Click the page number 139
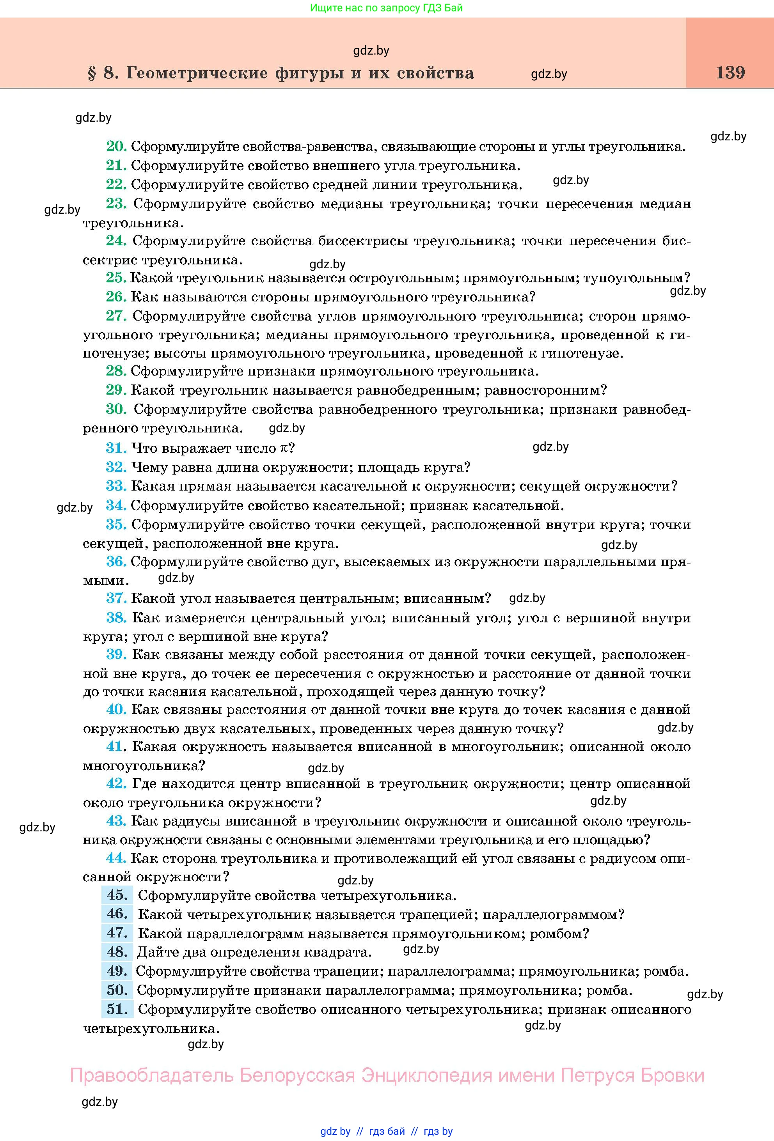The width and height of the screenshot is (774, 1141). pos(730,73)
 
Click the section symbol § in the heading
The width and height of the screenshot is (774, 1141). pos(91,74)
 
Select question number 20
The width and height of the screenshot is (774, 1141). pos(116,146)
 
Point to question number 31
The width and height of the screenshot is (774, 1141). pos(116,448)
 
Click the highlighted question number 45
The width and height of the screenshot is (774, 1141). pos(117,895)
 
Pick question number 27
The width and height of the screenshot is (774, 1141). pos(116,316)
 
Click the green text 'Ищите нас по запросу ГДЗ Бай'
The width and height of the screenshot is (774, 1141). pos(387,8)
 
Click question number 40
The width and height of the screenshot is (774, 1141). pos(116,709)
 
